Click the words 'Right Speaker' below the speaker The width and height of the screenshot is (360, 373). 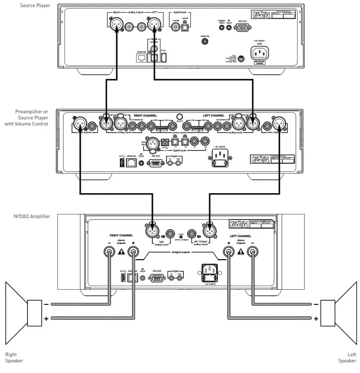tap(14, 358)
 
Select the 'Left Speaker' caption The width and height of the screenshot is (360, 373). tap(347, 358)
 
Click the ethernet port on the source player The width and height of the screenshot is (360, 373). tap(142, 57)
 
